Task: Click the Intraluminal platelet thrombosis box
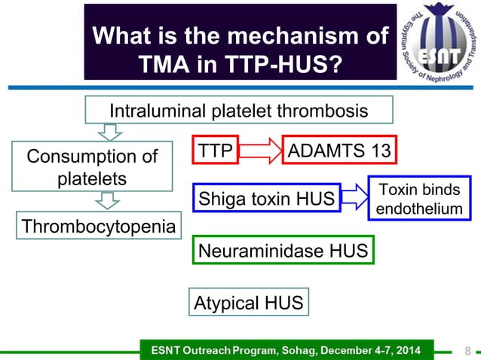[239, 111]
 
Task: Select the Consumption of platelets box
[92, 168]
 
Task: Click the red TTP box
[216, 151]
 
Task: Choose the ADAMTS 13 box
[339, 151]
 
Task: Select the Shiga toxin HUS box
[266, 199]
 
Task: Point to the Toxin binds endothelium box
[419, 198]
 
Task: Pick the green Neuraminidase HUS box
[283, 250]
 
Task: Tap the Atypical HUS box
[249, 304]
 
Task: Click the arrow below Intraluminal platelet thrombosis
[111, 133]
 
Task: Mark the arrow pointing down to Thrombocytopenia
[109, 201]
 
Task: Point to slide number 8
[467, 350]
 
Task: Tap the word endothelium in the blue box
[419, 209]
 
